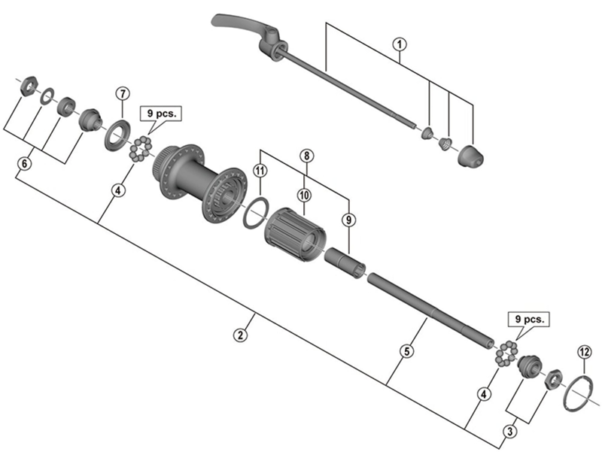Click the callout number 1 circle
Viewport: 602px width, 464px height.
coord(399,44)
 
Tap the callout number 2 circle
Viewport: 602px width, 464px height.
coord(240,335)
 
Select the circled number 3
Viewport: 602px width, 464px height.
coord(510,431)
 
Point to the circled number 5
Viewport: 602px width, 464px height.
coord(406,351)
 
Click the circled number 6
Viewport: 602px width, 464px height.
coord(25,162)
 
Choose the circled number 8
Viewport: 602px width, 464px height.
coord(306,156)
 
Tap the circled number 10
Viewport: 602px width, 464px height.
coord(303,194)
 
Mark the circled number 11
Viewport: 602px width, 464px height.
coord(260,171)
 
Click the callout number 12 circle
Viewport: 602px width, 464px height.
coord(585,351)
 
